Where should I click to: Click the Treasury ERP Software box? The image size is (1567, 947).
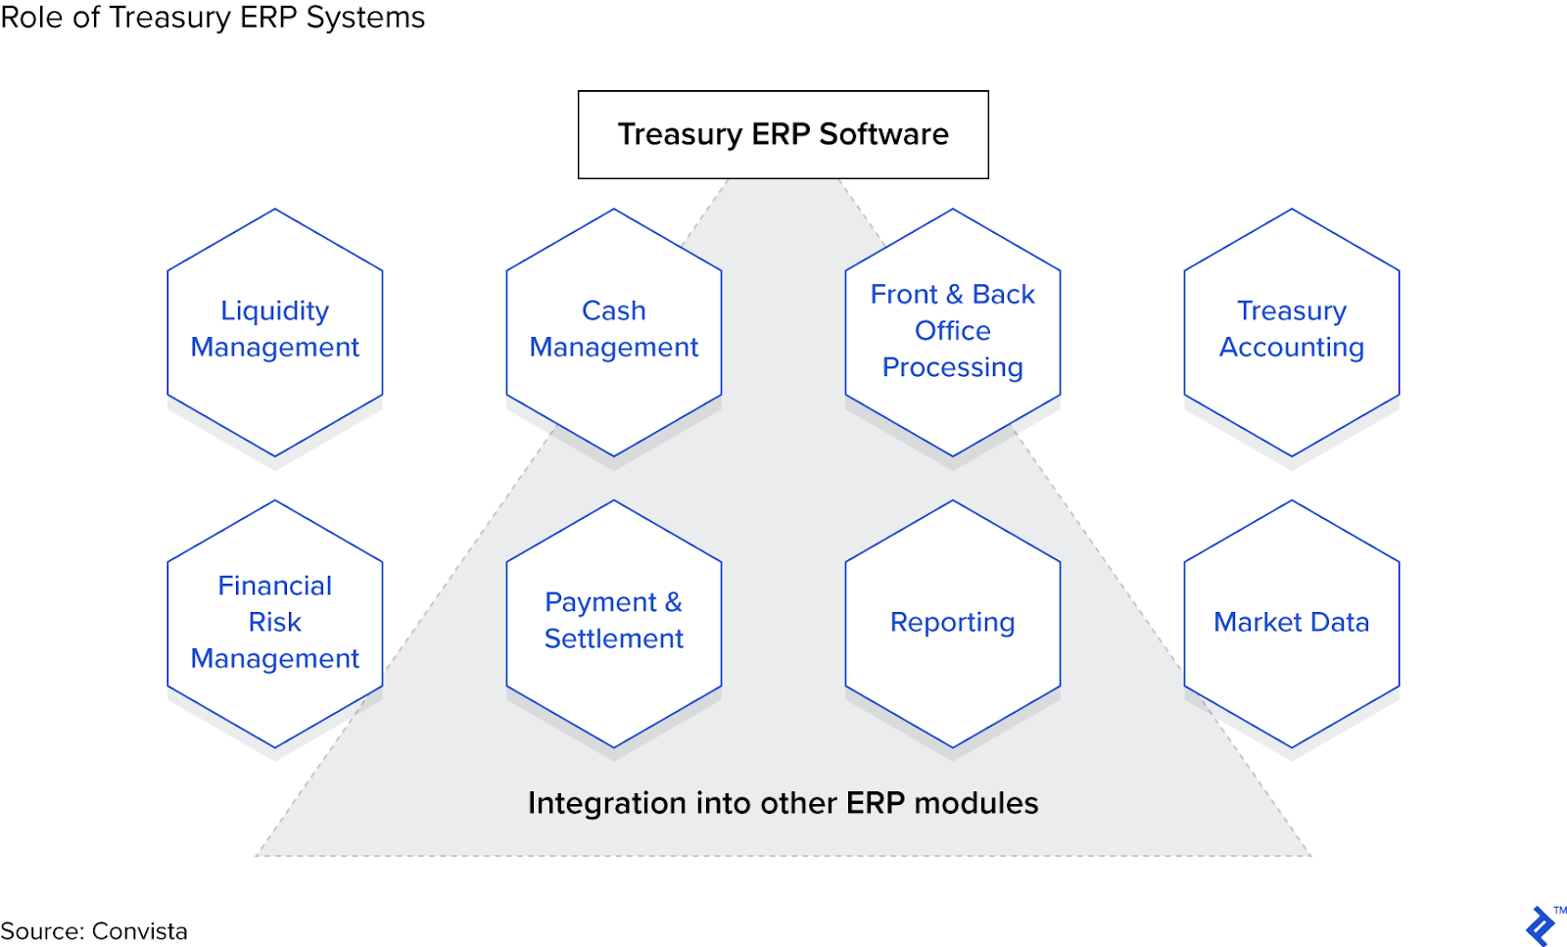click(783, 135)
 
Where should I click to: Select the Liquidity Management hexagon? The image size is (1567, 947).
click(275, 333)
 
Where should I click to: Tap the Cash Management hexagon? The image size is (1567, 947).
click(614, 333)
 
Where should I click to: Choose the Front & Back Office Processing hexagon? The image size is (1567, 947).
click(953, 333)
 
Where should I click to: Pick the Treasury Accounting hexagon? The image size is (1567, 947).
click(1292, 333)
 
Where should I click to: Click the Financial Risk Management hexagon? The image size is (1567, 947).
click(275, 624)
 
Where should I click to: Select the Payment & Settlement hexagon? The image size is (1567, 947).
click(614, 624)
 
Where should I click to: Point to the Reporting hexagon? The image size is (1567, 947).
click(953, 624)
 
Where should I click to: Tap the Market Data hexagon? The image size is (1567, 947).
click(1292, 624)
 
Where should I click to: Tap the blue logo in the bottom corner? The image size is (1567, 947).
click(1541, 926)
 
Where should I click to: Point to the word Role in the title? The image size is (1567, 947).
click(32, 18)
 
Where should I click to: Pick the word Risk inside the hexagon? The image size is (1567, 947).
click(275, 623)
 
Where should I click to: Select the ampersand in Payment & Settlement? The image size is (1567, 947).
click(673, 602)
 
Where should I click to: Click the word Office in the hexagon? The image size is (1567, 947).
click(953, 331)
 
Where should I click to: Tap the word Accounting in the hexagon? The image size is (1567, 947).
click(1292, 348)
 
